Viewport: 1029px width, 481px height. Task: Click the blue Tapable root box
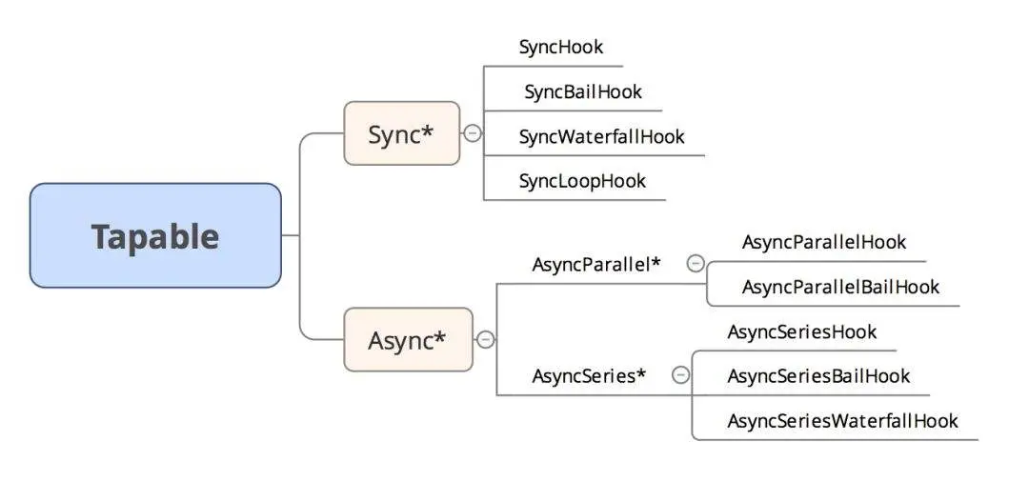click(155, 235)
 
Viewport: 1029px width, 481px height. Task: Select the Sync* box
click(401, 133)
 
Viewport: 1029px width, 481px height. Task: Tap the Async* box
click(408, 339)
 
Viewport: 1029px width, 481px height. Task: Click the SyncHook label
click(561, 47)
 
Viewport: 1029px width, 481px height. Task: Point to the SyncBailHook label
click(583, 91)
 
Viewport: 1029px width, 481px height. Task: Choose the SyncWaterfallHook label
click(601, 136)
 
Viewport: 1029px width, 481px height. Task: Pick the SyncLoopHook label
click(582, 181)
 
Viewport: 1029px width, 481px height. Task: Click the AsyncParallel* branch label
click(595, 264)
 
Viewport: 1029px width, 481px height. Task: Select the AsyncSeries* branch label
click(589, 375)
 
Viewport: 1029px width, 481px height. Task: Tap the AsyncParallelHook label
click(824, 242)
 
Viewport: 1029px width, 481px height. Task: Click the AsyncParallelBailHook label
click(840, 287)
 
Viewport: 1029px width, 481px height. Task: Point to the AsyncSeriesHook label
click(801, 331)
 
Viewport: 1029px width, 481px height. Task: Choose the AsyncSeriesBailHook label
click(818, 376)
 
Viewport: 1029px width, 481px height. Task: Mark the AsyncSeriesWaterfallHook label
click(842, 420)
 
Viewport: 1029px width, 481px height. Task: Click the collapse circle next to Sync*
click(473, 133)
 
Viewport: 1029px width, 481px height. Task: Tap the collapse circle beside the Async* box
click(486, 339)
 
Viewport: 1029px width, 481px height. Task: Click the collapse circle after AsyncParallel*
click(696, 264)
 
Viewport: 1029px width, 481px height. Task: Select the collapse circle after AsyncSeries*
click(680, 375)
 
